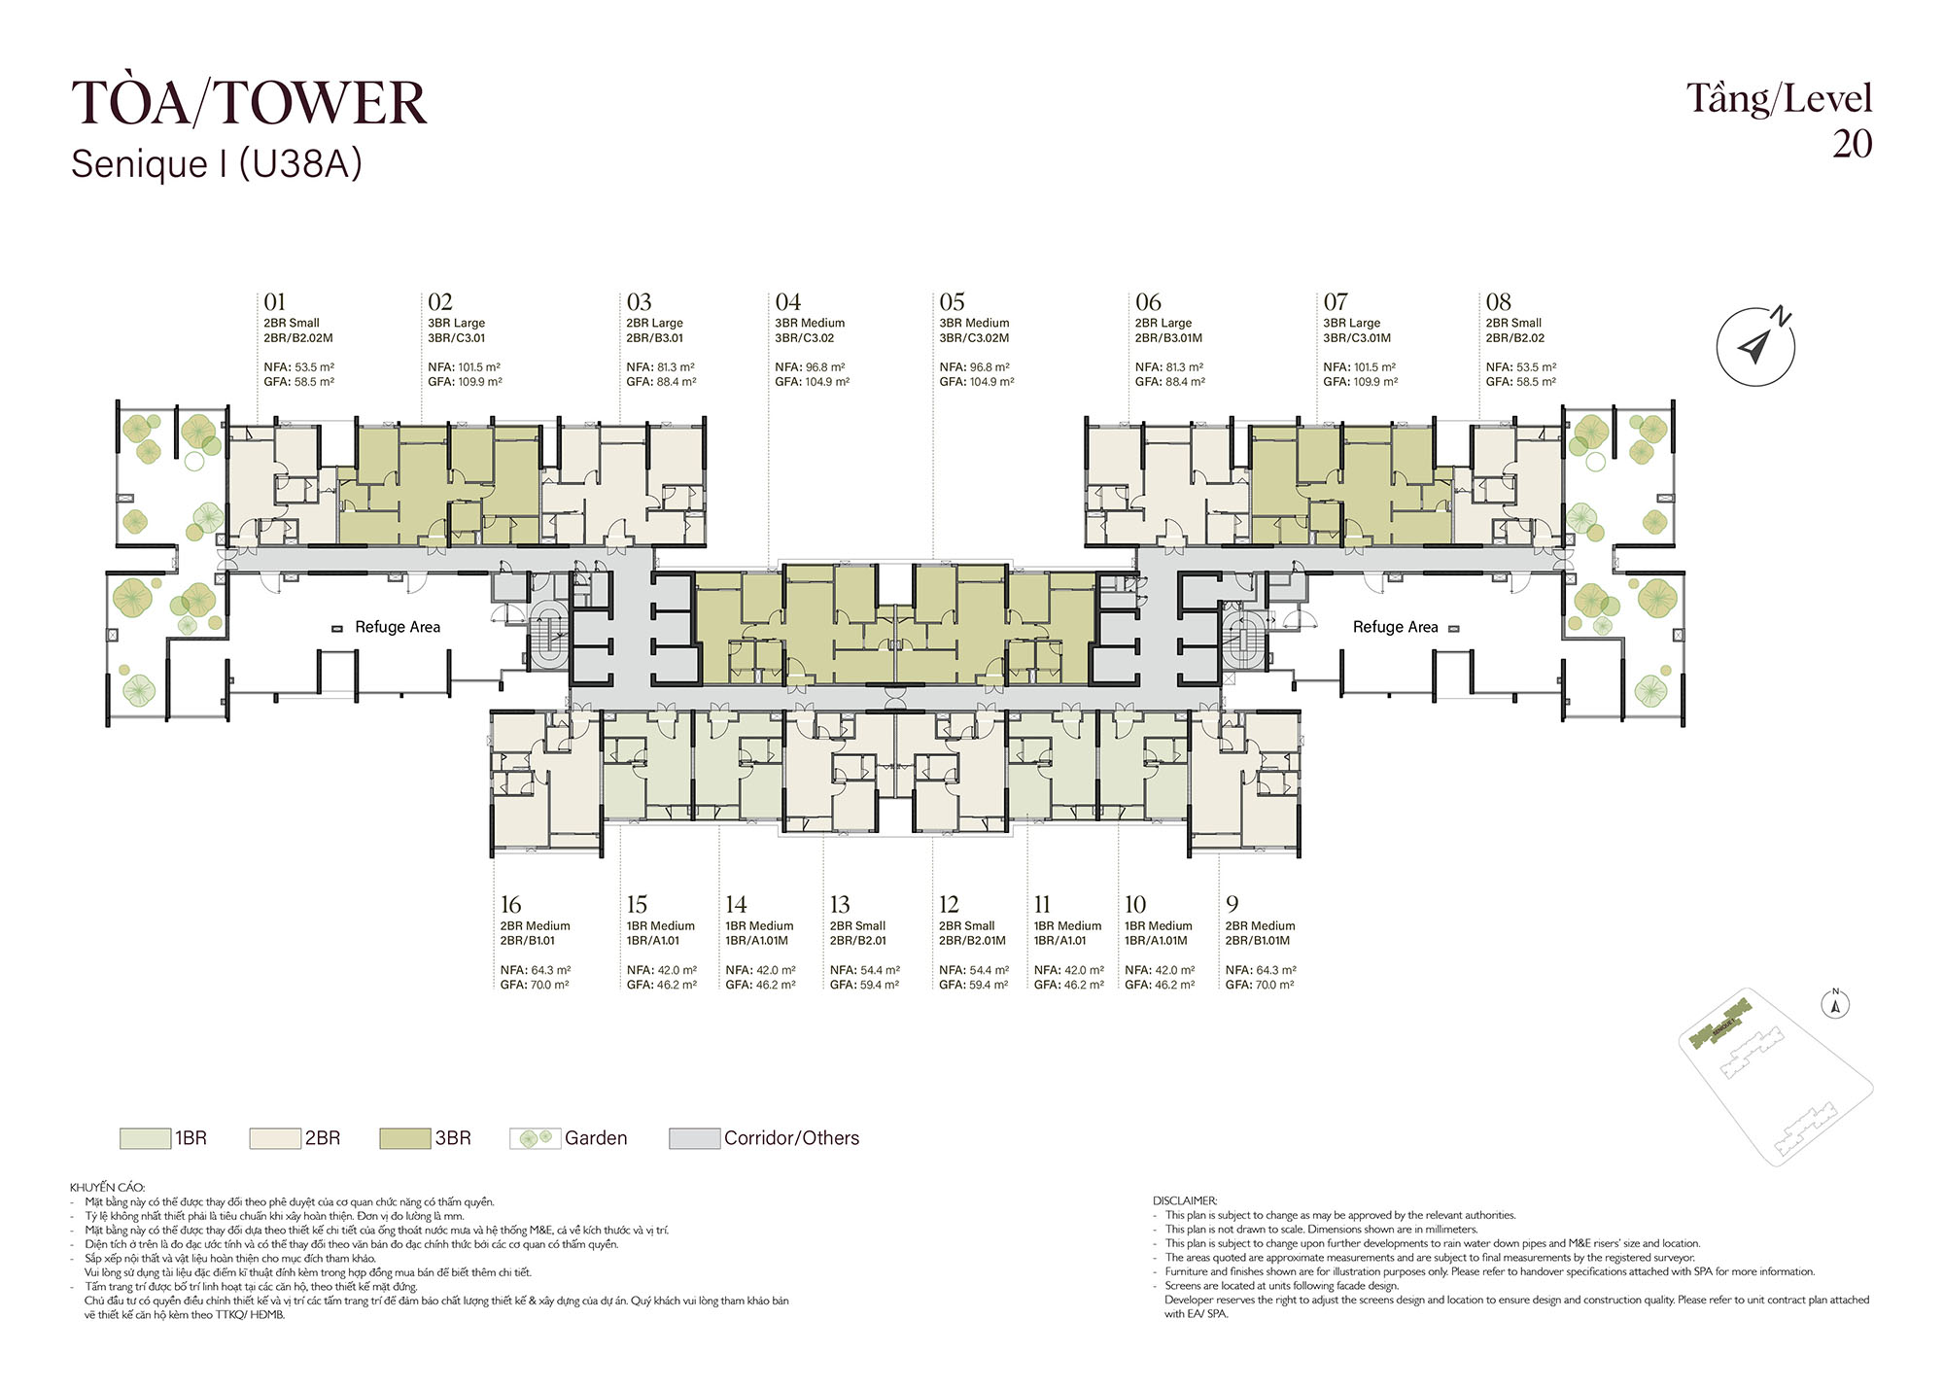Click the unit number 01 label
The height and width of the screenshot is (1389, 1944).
click(x=274, y=302)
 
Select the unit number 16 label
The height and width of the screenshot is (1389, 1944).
click(x=510, y=905)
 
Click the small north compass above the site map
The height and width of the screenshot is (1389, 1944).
click(x=1836, y=1004)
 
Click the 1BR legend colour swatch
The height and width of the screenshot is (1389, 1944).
click(x=145, y=1138)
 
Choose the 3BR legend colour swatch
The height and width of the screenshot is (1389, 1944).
click(x=405, y=1138)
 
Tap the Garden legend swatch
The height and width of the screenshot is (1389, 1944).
click(x=536, y=1138)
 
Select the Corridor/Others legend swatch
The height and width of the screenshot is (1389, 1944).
click(x=695, y=1138)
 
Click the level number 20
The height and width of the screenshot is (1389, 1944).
click(x=1852, y=144)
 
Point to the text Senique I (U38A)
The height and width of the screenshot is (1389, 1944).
click(x=217, y=164)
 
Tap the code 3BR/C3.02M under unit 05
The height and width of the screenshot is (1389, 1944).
click(x=974, y=338)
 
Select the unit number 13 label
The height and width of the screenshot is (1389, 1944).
click(x=840, y=905)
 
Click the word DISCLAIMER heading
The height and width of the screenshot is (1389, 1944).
click(x=1185, y=1200)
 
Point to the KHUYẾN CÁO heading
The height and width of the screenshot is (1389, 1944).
click(x=107, y=1187)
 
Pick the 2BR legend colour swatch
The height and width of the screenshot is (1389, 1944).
click(x=275, y=1138)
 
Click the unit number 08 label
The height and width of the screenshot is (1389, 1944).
click(x=1498, y=302)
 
